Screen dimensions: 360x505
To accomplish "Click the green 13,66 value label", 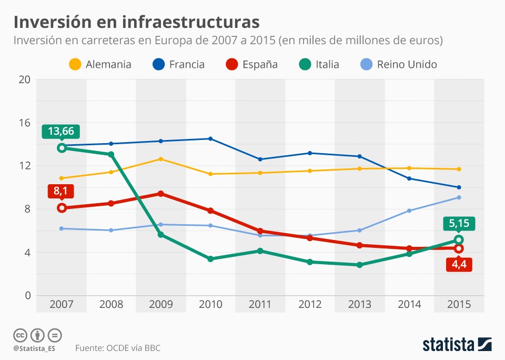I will (x=61, y=131).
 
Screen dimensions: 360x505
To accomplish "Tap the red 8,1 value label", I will (x=61, y=191).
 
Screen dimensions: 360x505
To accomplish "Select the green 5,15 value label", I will (x=458, y=223).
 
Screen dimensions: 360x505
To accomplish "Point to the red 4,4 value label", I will (x=458, y=264).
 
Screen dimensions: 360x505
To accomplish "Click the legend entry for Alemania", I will (x=100, y=65).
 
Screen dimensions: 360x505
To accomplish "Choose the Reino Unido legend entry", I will (x=399, y=65).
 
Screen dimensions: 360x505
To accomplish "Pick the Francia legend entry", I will (x=179, y=65).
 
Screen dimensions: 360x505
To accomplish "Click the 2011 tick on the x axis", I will (x=260, y=304).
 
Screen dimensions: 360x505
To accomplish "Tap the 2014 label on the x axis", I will (x=409, y=304).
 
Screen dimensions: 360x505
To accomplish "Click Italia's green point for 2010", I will (x=210, y=259).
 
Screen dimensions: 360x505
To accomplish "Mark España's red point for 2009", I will (x=160, y=194).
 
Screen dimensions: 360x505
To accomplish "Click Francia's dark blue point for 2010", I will (x=210, y=139).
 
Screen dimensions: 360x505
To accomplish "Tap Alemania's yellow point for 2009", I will (x=160, y=159).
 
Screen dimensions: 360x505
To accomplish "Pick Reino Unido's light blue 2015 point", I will (x=459, y=197).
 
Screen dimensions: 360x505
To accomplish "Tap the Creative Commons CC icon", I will (x=20, y=335).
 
